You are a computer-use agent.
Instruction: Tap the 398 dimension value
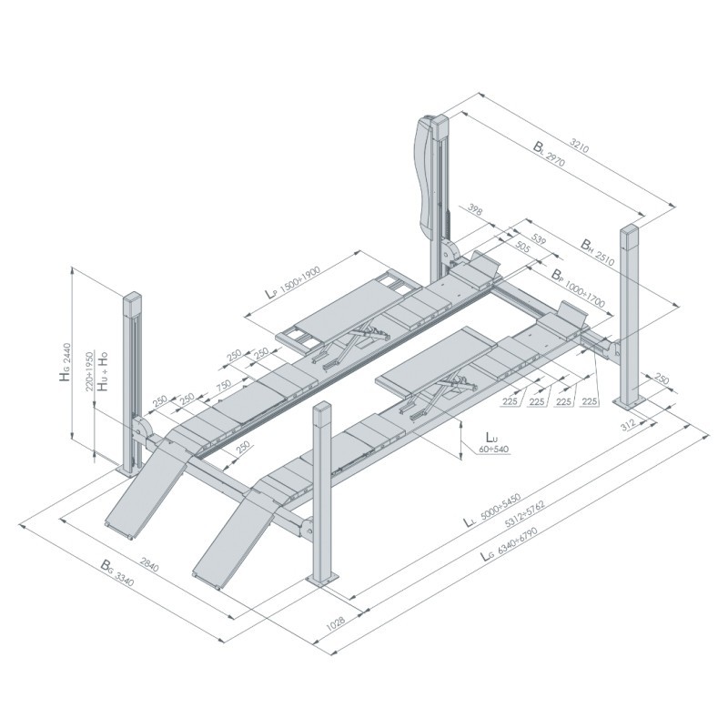[475, 210]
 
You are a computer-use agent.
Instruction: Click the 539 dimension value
[538, 239]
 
